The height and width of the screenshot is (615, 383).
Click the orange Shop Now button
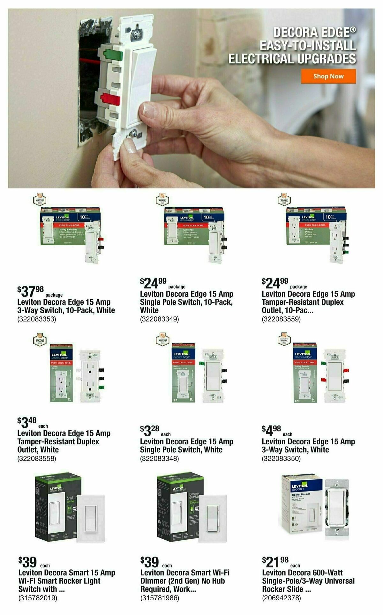[x=328, y=76]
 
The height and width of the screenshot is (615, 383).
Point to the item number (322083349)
[x=159, y=319]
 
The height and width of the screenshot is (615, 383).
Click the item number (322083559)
[x=281, y=319]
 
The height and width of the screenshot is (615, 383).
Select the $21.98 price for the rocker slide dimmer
[x=275, y=570]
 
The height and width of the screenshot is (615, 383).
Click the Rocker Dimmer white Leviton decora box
[x=301, y=504]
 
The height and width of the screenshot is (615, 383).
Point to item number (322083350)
[x=281, y=459]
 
